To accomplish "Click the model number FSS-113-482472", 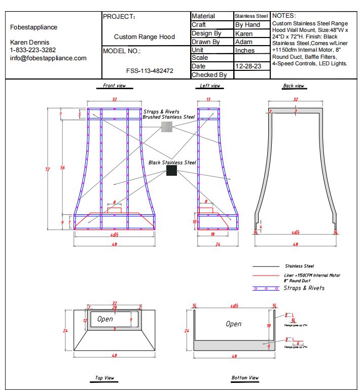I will [x=150, y=71].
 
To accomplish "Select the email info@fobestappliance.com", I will [x=48, y=58].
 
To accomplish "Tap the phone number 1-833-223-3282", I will [x=33, y=50].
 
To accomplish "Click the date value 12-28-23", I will [x=248, y=66].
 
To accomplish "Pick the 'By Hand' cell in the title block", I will [x=247, y=25].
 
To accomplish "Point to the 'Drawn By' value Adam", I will [x=243, y=42].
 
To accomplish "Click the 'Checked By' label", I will [x=208, y=75].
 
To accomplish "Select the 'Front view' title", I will [x=114, y=86].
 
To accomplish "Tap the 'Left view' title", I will [x=209, y=86].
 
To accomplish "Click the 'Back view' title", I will [x=293, y=86].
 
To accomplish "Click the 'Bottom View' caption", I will [x=244, y=377].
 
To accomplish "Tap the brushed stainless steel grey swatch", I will [x=167, y=127].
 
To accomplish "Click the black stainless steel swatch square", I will [x=171, y=170].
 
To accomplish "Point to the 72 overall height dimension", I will [x=48, y=169].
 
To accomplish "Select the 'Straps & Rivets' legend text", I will [x=304, y=288].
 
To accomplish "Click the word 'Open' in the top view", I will [x=105, y=319].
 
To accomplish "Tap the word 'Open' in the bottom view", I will [x=233, y=324].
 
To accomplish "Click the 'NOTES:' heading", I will [x=284, y=16].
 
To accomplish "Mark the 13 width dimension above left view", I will [x=208, y=100].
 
